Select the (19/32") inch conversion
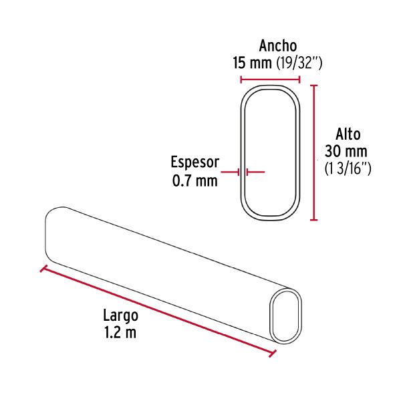(x=299, y=63)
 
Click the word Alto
(x=348, y=134)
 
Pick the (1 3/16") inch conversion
(x=348, y=168)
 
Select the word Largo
(x=120, y=315)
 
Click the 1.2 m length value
(x=120, y=332)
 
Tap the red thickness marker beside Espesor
(x=239, y=172)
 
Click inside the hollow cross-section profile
(x=270, y=151)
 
